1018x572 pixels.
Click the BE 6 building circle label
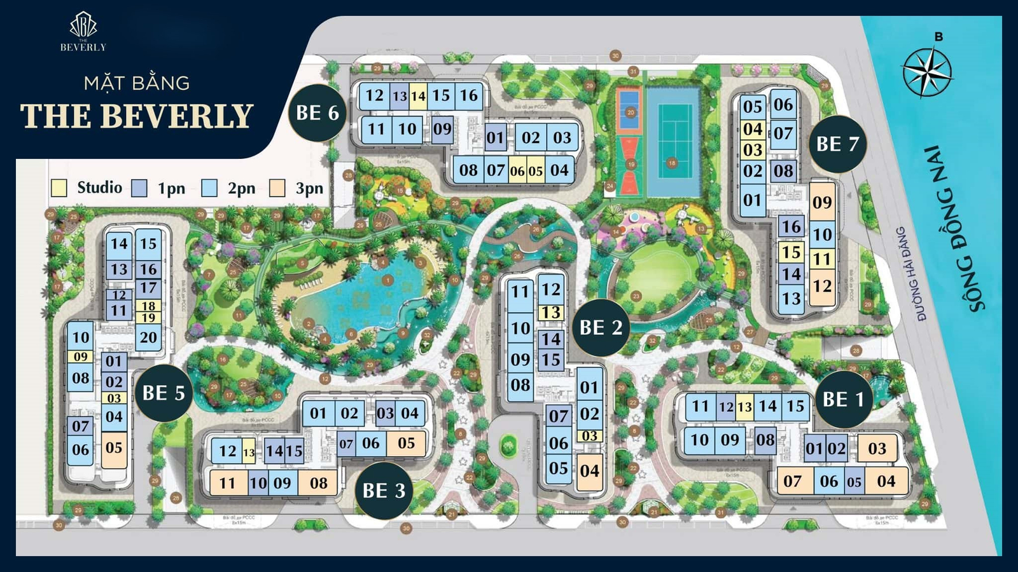[x=317, y=113]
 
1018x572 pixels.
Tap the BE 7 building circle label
[x=837, y=144]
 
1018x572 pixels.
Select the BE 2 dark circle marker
[x=601, y=328]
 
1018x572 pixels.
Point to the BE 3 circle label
[x=384, y=491]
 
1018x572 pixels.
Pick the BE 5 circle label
[x=164, y=393]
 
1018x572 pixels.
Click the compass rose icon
[x=927, y=71]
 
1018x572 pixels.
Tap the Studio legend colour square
[x=59, y=188]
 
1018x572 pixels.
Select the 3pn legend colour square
[x=277, y=188]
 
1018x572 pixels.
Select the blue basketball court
[x=629, y=110]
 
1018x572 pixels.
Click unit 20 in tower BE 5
[x=148, y=337]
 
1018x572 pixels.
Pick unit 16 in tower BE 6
[x=469, y=96]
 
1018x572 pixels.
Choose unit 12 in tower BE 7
[x=822, y=287]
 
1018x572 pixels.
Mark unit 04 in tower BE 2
[x=589, y=471]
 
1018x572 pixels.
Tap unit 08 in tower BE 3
[x=318, y=483]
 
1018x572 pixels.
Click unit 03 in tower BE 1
[x=877, y=449]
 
